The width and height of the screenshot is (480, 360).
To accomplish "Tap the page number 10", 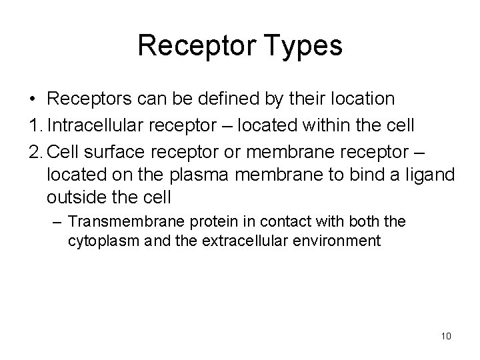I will tap(446, 335).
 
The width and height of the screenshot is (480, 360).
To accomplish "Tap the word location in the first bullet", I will tap(359, 99).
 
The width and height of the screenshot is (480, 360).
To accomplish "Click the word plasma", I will tap(180, 174).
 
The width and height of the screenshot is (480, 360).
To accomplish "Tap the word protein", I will tap(194, 221).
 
